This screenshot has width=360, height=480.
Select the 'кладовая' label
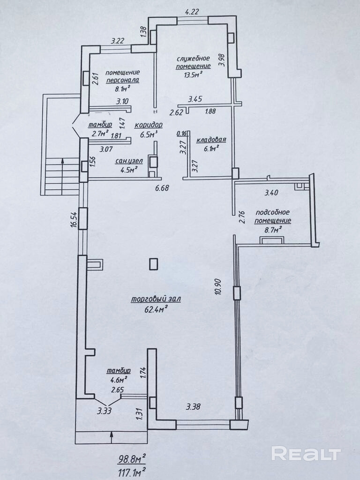tap(211, 140)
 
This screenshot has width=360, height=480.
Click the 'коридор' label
tap(148, 125)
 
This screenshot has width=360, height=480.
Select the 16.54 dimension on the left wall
tap(74, 218)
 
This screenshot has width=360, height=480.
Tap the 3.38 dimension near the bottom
tap(193, 407)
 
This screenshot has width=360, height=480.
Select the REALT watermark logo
tap(306, 454)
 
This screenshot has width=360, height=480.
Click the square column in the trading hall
tap(154, 264)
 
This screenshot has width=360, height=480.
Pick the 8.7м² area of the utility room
tap(272, 230)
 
